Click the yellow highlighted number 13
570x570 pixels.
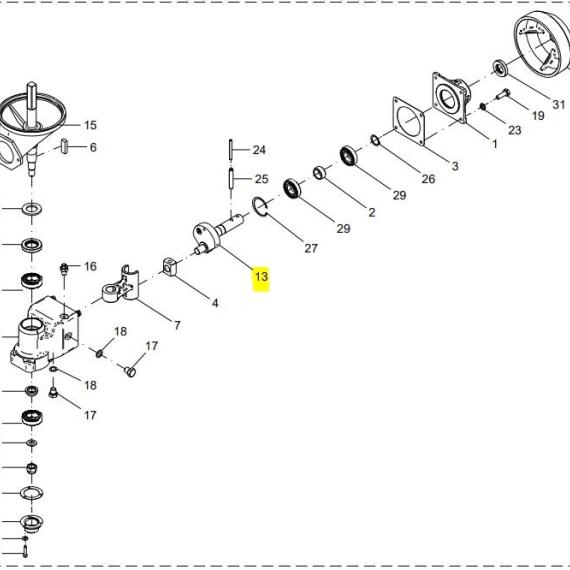point(261,277)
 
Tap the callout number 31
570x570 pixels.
point(559,104)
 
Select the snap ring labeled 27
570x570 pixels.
point(260,207)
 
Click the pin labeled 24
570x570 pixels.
point(230,149)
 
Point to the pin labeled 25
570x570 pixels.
point(230,178)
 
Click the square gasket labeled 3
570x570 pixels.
point(409,121)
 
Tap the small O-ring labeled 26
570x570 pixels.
point(376,140)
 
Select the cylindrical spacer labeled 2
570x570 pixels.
point(319,172)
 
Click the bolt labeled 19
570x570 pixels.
point(503,95)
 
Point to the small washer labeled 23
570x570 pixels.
point(483,106)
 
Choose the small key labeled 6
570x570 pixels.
point(65,146)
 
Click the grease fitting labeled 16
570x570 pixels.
point(64,269)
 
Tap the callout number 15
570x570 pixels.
point(90,125)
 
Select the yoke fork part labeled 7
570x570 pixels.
point(120,286)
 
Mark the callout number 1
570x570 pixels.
point(494,144)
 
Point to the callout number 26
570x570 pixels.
point(428,179)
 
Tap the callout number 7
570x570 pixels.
point(177,325)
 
